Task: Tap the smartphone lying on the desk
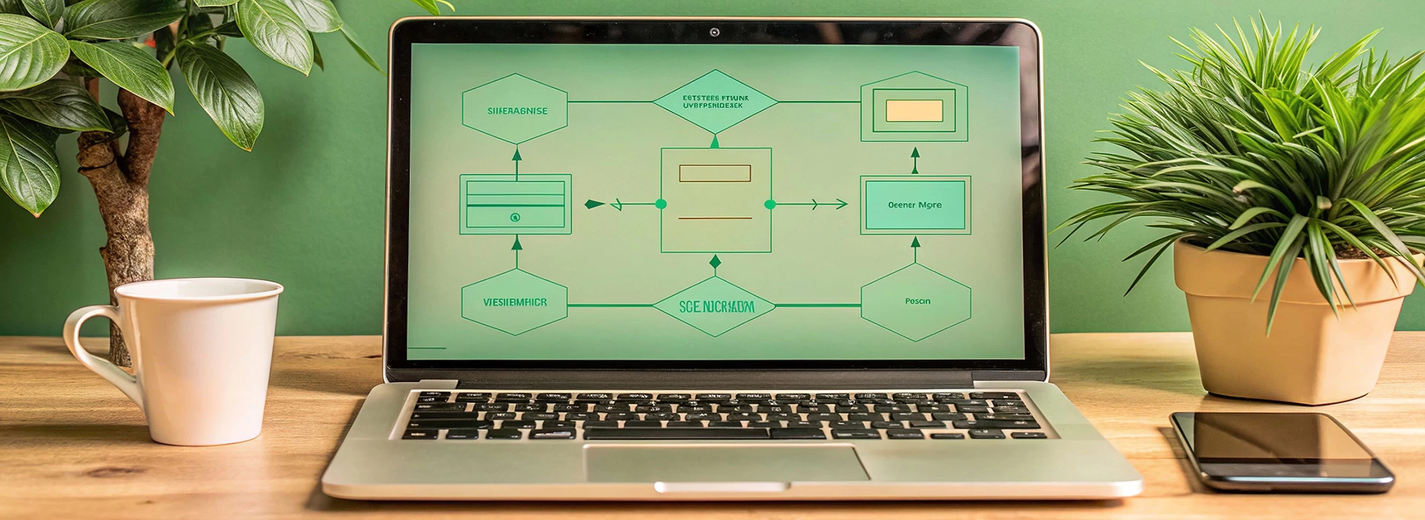pyautogui.click(x=1281, y=449)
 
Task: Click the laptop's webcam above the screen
pyautogui.click(x=714, y=32)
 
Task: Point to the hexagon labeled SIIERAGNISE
pyautogui.click(x=515, y=109)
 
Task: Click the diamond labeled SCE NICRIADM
pyautogui.click(x=715, y=306)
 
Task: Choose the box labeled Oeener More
pyautogui.click(x=915, y=205)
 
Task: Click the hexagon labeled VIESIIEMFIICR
pyautogui.click(x=514, y=302)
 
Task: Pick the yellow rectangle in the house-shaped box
pyautogui.click(x=914, y=111)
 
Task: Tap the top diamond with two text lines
pyautogui.click(x=715, y=102)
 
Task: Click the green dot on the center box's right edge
pyautogui.click(x=770, y=204)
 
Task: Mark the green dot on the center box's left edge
pyautogui.click(x=661, y=204)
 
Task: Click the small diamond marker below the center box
pyautogui.click(x=715, y=261)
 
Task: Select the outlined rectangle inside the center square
pyautogui.click(x=715, y=173)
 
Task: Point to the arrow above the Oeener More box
pyautogui.click(x=915, y=160)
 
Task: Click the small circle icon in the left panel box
pyautogui.click(x=515, y=218)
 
